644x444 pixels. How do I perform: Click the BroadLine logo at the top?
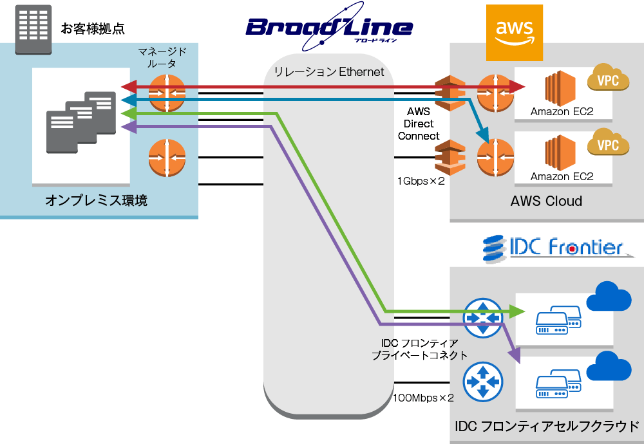(x=328, y=27)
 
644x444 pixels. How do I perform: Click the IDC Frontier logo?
(x=554, y=247)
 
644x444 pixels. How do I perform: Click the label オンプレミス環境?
(x=96, y=201)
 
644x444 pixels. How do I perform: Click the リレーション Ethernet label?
(x=329, y=72)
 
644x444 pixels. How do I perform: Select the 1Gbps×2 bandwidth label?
(x=421, y=181)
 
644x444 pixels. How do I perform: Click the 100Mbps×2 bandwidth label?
(x=423, y=398)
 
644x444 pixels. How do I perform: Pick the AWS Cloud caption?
(x=546, y=201)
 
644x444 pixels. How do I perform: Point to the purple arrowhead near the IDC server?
(x=515, y=355)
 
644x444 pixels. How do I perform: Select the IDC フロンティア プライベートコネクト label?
(x=419, y=349)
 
